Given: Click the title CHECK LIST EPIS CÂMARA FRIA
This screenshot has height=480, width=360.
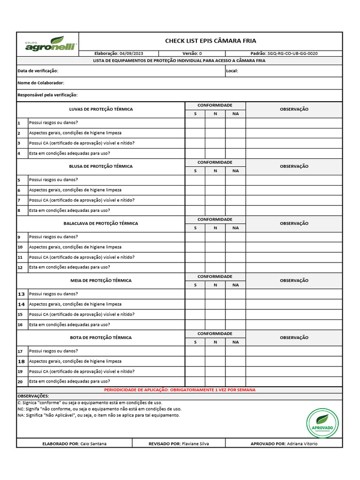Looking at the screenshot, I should pos(210,41).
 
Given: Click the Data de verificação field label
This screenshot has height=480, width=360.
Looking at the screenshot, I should pos(38,71).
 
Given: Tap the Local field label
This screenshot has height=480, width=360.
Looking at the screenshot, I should pos(232,71).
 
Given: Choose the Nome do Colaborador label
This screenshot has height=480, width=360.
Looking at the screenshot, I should pos(41,83).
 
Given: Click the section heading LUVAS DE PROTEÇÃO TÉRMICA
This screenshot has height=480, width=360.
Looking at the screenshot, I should pos(101,109).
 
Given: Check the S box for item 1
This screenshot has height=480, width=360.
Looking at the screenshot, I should pos(195,123).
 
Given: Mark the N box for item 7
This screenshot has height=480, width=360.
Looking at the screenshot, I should pos(215,200).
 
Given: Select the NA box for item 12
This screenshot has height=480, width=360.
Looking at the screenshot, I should pos(235,267).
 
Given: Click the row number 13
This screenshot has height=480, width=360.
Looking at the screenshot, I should pos(21,294).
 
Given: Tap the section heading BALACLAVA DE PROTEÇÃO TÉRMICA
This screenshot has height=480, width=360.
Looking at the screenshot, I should pos(101,224).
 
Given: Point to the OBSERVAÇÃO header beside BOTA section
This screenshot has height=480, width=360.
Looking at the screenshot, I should pos(294,337).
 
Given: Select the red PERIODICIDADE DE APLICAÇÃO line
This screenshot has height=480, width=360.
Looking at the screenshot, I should pos(180,390).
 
